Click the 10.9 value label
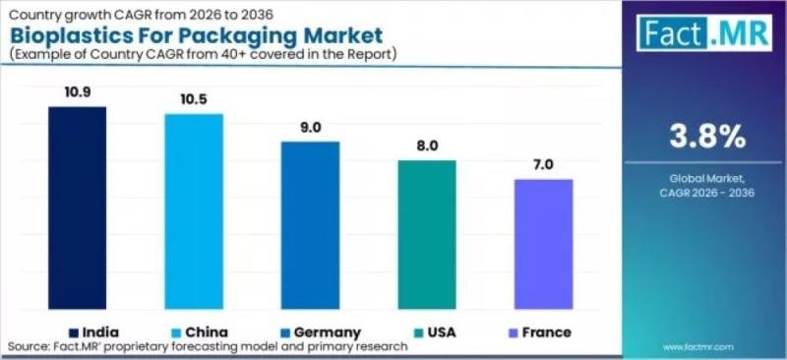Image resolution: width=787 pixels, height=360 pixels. (78, 90)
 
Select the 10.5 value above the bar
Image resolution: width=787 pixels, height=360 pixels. (194, 98)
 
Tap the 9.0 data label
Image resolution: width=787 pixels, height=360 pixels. (311, 126)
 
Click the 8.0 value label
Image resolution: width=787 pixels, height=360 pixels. (427, 145)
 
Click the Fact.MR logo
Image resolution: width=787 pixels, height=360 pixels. (703, 32)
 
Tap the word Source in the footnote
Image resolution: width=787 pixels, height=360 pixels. (31, 347)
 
